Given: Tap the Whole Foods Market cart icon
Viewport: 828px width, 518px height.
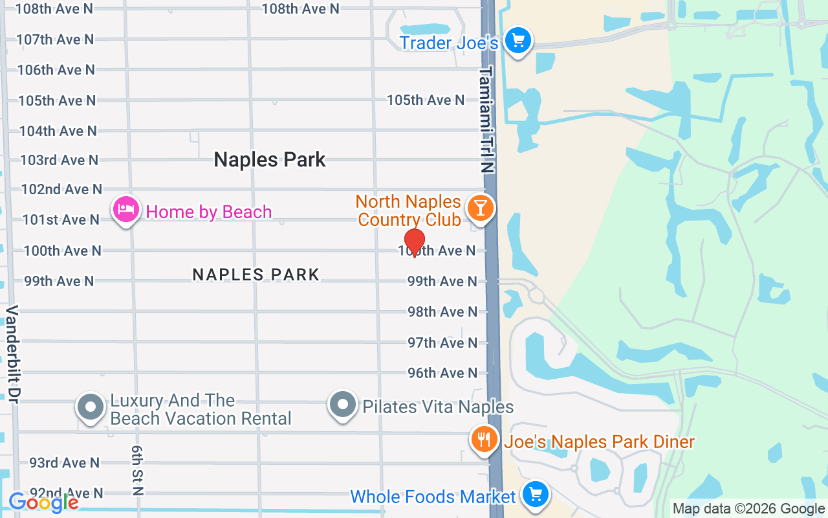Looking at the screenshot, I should tap(535, 495).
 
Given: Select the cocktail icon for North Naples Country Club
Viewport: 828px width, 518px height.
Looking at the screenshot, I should tap(480, 208).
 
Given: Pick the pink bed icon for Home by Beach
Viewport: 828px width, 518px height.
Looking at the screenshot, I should tap(126, 210).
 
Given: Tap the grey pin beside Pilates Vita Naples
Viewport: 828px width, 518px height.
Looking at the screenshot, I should tap(343, 405).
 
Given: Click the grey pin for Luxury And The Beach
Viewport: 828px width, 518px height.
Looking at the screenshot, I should tap(91, 407).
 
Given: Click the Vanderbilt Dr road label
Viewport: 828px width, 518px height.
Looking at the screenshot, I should tap(12, 354).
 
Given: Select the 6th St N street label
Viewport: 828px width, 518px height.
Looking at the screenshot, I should tap(136, 469).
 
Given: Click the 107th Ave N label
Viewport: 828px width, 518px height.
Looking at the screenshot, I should tap(56, 39).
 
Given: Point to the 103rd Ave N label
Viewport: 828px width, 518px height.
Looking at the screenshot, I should tap(60, 160).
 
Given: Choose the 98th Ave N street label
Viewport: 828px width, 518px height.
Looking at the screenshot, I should tap(442, 312).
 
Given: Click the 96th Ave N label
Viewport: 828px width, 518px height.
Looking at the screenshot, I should tap(442, 373).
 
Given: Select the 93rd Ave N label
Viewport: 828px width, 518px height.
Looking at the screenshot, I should tap(65, 463).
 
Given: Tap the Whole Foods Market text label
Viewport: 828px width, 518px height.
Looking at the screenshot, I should tap(433, 497).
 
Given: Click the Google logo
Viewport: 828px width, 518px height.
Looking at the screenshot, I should tap(44, 502).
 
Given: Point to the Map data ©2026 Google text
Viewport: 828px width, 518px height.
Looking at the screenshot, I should tap(748, 509).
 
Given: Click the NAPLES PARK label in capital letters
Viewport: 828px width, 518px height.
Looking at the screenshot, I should tap(256, 275).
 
